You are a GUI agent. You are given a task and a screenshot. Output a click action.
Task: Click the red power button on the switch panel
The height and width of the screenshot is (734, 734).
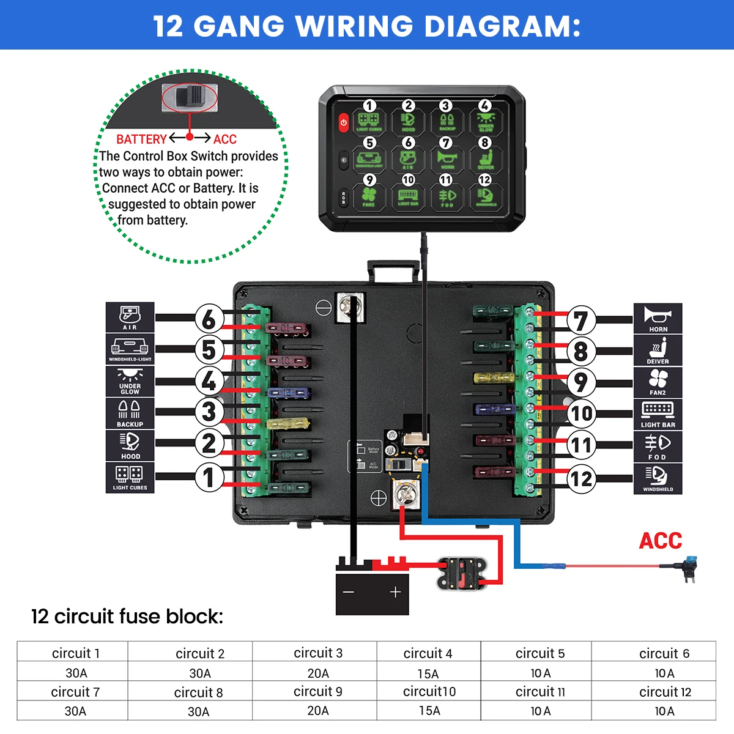click(344, 122)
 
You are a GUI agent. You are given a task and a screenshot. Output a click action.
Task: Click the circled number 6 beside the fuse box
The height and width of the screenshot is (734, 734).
click(209, 319)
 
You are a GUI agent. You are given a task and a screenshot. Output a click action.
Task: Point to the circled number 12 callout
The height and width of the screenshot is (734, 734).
click(581, 478)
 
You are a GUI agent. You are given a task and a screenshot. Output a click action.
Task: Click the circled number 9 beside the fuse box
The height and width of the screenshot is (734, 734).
click(580, 383)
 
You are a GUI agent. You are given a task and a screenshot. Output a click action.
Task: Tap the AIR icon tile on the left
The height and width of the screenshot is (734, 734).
click(130, 318)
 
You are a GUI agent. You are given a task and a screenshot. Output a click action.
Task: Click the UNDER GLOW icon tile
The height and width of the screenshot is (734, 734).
click(130, 382)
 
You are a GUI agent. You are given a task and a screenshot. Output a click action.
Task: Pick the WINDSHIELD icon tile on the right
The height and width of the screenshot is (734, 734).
click(658, 478)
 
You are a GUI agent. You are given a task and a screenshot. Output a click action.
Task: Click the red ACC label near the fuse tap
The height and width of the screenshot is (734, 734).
click(661, 541)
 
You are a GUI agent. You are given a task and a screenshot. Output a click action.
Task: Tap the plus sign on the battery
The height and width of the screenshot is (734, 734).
click(395, 591)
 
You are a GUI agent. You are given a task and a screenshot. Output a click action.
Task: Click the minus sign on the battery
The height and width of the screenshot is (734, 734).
click(349, 592)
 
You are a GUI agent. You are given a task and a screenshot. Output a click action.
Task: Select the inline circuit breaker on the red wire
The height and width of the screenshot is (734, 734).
click(461, 573)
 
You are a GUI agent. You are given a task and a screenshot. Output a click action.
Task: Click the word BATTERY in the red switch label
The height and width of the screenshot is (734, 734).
click(141, 139)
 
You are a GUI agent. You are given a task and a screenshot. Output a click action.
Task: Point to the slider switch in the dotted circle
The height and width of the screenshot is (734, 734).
click(190, 98)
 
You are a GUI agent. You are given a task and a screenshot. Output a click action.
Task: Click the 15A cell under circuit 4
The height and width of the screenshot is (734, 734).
click(428, 673)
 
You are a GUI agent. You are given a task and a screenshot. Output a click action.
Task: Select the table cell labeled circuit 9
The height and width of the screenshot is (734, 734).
click(318, 692)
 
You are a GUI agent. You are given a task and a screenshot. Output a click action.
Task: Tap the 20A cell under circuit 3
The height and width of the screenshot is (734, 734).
click(318, 673)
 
